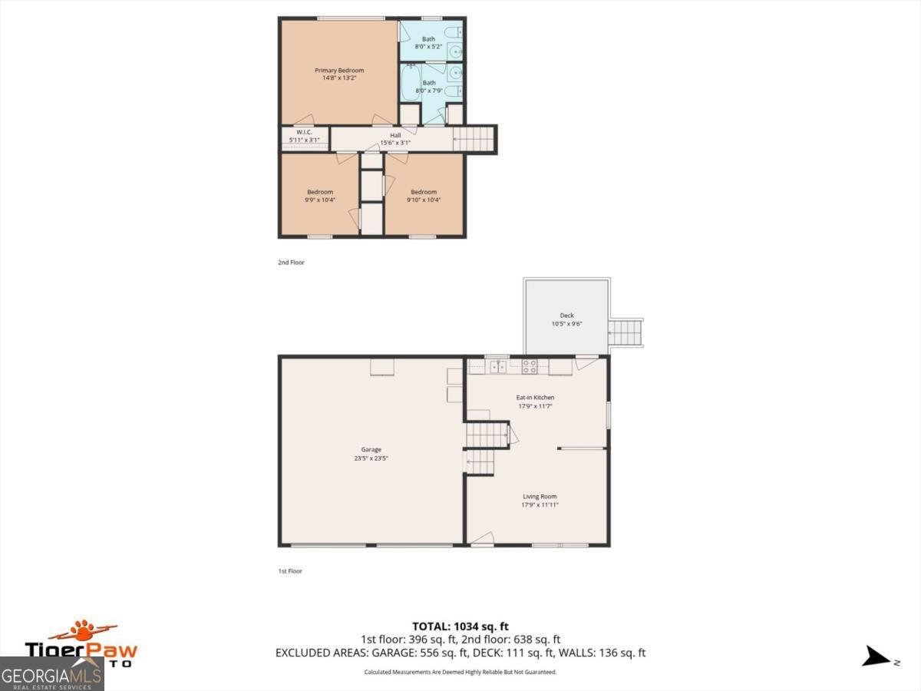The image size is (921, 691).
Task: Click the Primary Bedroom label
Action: click(x=339, y=71)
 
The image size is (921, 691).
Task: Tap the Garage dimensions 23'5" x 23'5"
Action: click(x=371, y=459)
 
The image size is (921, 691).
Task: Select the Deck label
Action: click(x=566, y=316)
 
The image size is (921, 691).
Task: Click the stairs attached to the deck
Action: click(x=626, y=332)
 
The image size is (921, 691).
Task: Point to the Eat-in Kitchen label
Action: click(x=535, y=397)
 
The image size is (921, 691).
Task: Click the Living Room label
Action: click(x=540, y=496)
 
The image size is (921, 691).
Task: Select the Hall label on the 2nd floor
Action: click(x=395, y=135)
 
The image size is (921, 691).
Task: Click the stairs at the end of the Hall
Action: click(x=474, y=139)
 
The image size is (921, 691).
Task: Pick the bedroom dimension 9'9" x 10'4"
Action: click(x=320, y=200)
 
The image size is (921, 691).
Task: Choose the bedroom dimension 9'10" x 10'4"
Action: click(x=424, y=200)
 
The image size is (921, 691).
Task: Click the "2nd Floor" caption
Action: click(x=291, y=263)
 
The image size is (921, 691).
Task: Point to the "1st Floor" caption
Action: click(x=291, y=571)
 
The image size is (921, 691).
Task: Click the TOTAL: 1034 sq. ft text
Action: click(x=460, y=625)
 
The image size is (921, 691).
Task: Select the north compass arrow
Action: click(x=876, y=656)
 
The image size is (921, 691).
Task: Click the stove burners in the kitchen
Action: click(x=530, y=365)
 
